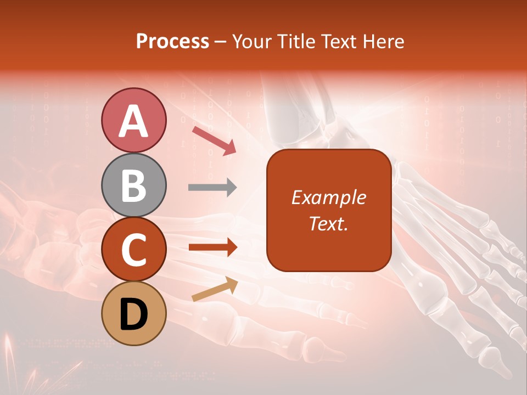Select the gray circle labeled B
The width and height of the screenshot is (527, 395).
coord(133,185)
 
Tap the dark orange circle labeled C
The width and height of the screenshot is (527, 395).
coord(133,250)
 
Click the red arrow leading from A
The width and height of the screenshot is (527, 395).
coord(214,140)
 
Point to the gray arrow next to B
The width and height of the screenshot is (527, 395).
coord(212,188)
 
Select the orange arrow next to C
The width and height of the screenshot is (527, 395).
coord(212,247)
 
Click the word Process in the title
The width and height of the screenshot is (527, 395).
coord(172,42)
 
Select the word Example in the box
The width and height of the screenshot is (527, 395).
coord(328,198)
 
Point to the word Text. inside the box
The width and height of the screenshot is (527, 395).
coord(328,224)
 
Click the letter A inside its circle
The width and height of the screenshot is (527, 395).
coord(133,121)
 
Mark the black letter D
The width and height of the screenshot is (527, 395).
coord(133,314)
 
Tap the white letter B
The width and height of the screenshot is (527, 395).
coord(133,185)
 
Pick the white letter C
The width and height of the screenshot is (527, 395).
coord(133,250)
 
